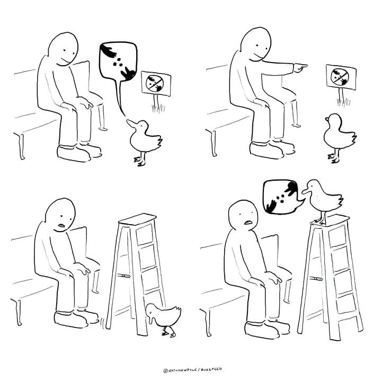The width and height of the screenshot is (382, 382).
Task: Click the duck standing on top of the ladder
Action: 322,200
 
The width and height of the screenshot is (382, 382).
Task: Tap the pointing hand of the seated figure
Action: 300,67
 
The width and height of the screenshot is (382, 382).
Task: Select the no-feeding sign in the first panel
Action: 156,84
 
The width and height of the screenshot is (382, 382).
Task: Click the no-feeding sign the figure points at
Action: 341,77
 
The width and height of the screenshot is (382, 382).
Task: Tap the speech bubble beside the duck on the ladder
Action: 282,197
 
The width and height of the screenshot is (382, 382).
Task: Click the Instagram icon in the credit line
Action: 165,370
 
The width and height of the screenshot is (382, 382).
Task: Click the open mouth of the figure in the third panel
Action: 61,225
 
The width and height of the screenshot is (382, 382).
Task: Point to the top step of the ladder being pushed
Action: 137,219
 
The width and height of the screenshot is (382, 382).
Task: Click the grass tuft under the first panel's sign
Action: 158,109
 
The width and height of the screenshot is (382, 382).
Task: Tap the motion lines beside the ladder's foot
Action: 103,323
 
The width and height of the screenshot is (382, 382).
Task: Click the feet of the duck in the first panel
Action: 140,162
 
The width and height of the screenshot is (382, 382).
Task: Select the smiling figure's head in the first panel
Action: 63,49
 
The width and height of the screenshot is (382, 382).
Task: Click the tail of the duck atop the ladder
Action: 338,199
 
